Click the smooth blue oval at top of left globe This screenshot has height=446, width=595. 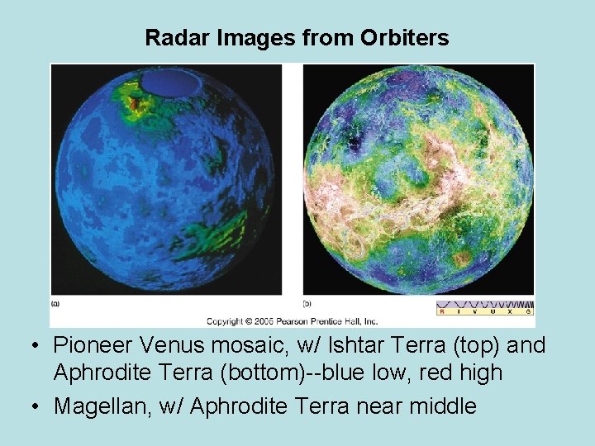point(172,82)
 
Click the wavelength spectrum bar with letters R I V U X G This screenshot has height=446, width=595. point(484,307)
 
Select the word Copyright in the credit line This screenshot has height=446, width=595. point(225,320)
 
